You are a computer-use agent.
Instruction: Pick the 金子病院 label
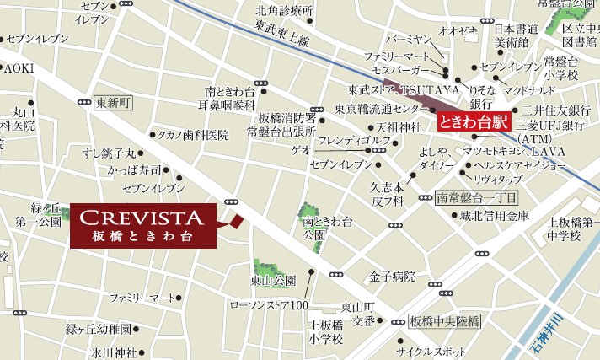(392, 276)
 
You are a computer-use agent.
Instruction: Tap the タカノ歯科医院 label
(193, 135)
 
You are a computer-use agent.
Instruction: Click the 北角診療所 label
(284, 11)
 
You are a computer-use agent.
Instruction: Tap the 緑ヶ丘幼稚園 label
(99, 328)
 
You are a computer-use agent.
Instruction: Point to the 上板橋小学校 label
(326, 330)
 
